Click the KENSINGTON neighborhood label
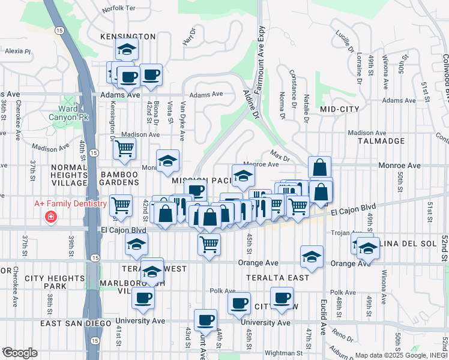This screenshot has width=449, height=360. click(x=128, y=37)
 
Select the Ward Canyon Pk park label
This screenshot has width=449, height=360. click(x=72, y=113)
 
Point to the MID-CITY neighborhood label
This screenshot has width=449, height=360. click(x=340, y=109)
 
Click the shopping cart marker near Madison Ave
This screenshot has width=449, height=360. click(x=124, y=148)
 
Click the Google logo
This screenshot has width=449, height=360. click(x=20, y=352)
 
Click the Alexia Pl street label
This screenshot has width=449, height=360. click(x=18, y=52)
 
